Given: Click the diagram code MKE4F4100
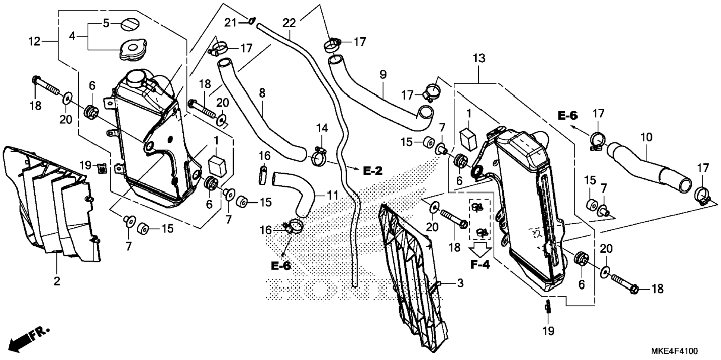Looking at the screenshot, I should [x=674, y=351].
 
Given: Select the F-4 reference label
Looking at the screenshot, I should [x=480, y=264].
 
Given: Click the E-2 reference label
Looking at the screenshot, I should [x=373, y=171].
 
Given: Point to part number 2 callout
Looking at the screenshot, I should [x=57, y=281].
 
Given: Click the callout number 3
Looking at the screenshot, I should [x=460, y=283].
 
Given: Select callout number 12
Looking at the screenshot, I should [x=34, y=41].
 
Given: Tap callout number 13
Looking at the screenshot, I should [x=479, y=59].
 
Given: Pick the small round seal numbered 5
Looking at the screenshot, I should [x=130, y=25].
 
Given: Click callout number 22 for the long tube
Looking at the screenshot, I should [x=289, y=23].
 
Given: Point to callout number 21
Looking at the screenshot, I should [x=230, y=23].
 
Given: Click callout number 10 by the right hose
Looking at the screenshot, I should [x=646, y=137].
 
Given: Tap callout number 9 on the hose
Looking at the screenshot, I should [x=383, y=75].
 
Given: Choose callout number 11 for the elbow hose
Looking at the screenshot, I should [x=332, y=195].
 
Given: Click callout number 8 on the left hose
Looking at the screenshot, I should [x=262, y=93].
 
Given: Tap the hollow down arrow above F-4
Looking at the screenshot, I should [x=480, y=249].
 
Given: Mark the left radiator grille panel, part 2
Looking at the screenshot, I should [x=52, y=209].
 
